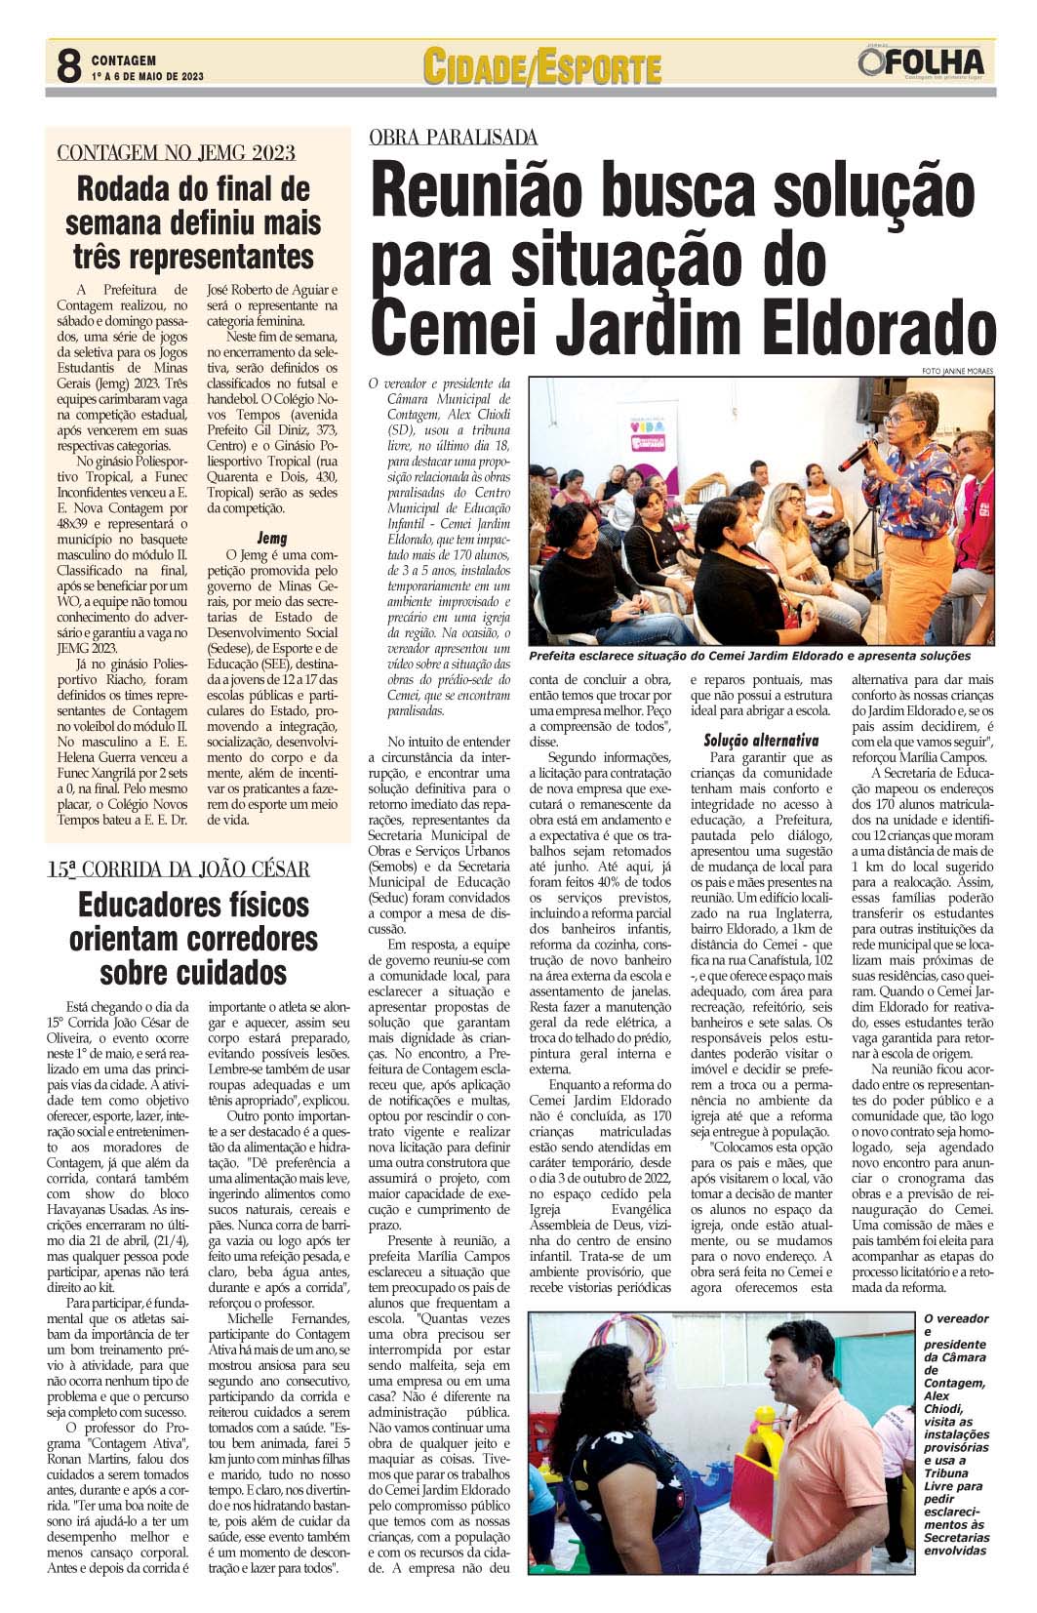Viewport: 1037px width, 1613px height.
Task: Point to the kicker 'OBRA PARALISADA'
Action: click(454, 138)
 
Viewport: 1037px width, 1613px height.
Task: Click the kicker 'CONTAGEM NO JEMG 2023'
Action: click(177, 152)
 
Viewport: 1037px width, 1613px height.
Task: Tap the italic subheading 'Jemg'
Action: click(271, 538)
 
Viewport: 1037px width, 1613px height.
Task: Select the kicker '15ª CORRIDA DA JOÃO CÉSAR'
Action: click(179, 868)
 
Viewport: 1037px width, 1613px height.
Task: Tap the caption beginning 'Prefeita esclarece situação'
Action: click(749, 657)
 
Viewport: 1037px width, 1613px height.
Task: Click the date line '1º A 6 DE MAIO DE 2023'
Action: click(148, 77)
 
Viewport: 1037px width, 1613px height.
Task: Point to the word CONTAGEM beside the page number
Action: click(124, 60)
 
